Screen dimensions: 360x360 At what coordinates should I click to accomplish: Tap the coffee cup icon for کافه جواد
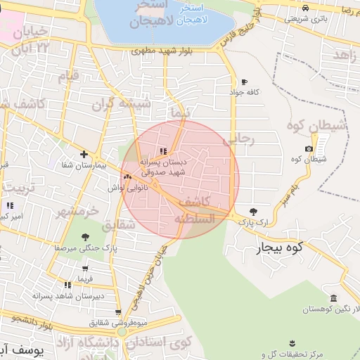(244, 82)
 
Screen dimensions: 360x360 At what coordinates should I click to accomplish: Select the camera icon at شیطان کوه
(309, 149)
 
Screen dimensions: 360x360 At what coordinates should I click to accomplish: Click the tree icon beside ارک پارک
(254, 211)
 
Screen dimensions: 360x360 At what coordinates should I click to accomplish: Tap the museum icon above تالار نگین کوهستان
(333, 298)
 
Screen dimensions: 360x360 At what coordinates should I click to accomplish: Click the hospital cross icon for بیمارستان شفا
(84, 154)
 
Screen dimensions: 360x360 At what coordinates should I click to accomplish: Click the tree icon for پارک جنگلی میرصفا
(85, 238)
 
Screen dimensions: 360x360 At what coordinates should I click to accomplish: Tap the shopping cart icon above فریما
(85, 268)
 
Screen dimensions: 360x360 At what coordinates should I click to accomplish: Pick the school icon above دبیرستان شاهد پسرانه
(68, 285)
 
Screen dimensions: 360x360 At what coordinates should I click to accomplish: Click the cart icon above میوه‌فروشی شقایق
(118, 312)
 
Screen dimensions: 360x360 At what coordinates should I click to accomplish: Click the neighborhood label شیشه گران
(126, 104)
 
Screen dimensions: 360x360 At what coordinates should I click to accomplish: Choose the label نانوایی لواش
(116, 188)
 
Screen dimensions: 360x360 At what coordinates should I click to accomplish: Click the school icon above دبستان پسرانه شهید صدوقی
(163, 150)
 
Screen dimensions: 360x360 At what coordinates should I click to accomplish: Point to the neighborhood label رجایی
(237, 139)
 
